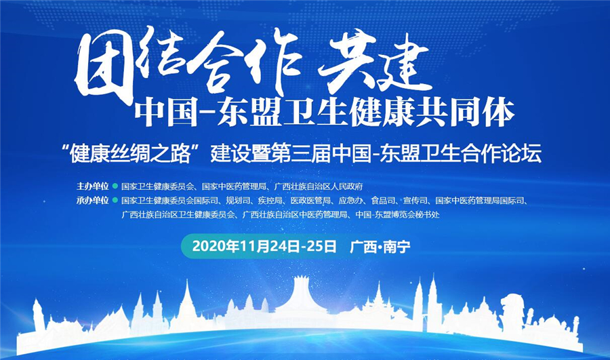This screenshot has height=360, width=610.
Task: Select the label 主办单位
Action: point(93,186)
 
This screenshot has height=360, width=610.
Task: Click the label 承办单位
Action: point(93,201)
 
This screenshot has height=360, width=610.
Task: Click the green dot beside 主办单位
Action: point(115,186)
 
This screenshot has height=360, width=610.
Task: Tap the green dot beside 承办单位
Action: point(115,201)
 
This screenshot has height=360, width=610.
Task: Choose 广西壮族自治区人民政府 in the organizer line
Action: point(319,186)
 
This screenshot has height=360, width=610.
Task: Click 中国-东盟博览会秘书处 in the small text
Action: point(398,214)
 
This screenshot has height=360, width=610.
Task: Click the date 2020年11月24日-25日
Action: point(264,247)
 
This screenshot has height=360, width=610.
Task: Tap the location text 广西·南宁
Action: point(380,247)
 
